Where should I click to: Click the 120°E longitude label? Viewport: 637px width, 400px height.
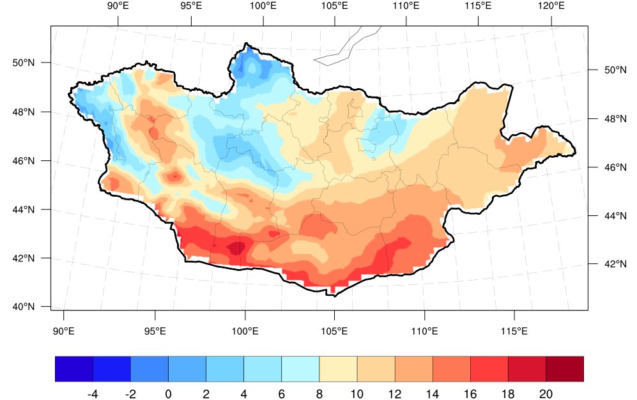pyautogui.click(x=551, y=6)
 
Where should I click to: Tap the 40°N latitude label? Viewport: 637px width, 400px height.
pyautogui.click(x=23, y=307)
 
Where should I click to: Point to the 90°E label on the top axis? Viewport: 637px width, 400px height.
pyautogui.click(x=118, y=6)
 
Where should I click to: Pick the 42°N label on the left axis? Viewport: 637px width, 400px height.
pyautogui.click(x=23, y=258)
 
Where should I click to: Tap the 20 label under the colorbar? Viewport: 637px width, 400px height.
pyautogui.click(x=546, y=394)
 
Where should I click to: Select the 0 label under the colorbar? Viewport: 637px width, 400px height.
pyautogui.click(x=168, y=394)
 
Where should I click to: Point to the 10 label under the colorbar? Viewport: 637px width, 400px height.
pyautogui.click(x=357, y=394)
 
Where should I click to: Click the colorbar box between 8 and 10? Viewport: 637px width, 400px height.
pyautogui.click(x=338, y=369)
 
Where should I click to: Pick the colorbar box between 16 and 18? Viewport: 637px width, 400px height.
pyautogui.click(x=489, y=369)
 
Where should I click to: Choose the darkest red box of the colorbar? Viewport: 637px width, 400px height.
pyautogui.click(x=565, y=369)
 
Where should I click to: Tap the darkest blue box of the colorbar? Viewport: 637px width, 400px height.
pyautogui.click(x=74, y=369)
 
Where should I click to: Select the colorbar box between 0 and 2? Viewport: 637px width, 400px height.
pyautogui.click(x=187, y=369)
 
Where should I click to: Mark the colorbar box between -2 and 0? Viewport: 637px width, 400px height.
pyautogui.click(x=150, y=369)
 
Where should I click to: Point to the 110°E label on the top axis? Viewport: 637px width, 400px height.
pyautogui.click(x=406, y=6)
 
